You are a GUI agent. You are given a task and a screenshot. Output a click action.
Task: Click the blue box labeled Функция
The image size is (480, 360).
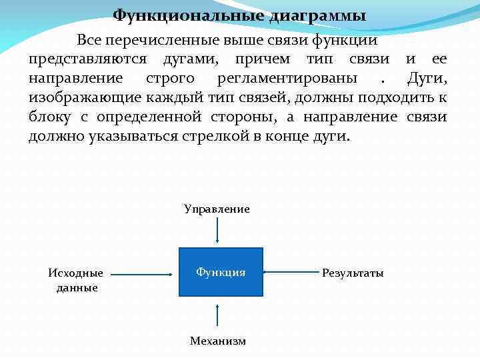pos(221,272)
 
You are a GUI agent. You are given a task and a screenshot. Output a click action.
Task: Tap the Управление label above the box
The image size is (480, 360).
pos(217,209)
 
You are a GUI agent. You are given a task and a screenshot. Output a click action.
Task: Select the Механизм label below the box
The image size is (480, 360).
pos(217,341)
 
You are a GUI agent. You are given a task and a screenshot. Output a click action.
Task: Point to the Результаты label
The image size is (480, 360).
pos(353,273)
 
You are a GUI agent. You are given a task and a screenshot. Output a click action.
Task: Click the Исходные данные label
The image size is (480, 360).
pos(76,280)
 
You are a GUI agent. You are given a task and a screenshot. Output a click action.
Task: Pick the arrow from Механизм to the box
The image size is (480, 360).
pos(217,315)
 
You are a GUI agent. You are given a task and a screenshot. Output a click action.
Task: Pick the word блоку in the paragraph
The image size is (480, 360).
pos(50,117)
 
